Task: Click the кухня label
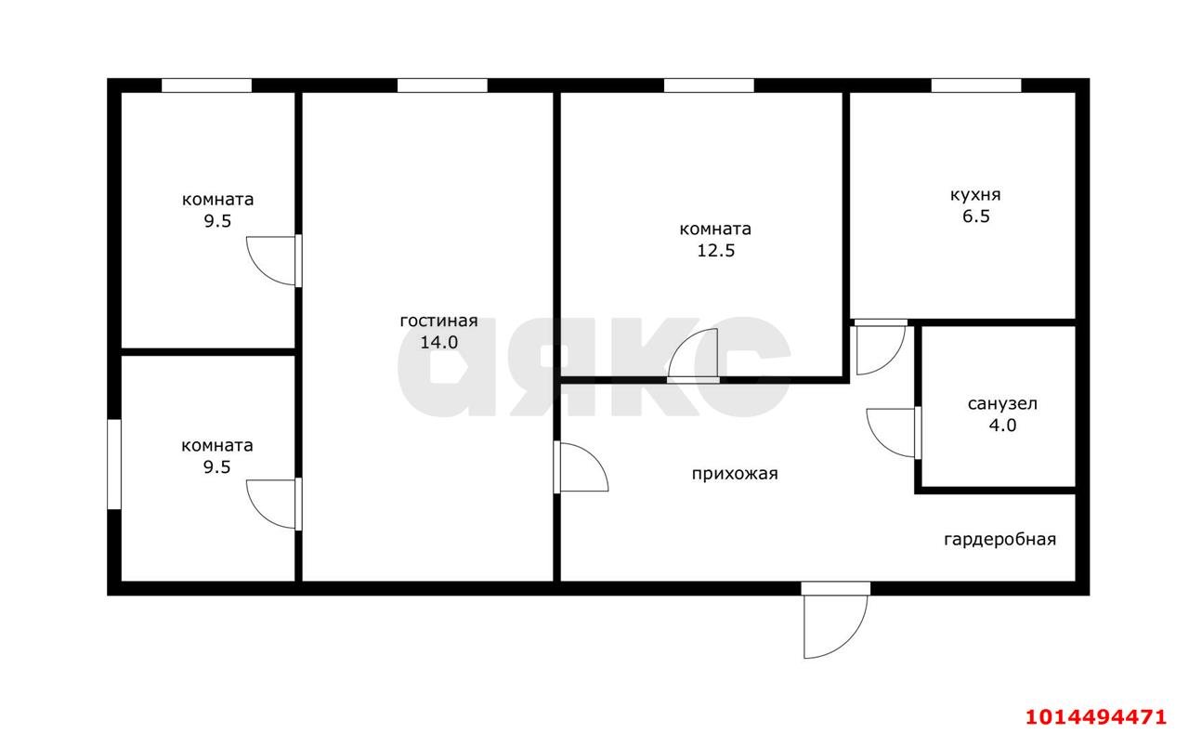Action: (975, 195)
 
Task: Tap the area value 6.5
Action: (976, 216)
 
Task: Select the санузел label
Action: (1002, 403)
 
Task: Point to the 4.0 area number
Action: (1002, 426)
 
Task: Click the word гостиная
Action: (438, 321)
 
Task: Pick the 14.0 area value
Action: (439, 343)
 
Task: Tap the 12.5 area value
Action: (715, 250)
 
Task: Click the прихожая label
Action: (735, 474)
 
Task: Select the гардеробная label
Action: (1000, 540)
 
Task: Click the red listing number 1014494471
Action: (1095, 716)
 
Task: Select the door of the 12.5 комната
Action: (693, 355)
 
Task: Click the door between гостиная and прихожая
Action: (581, 467)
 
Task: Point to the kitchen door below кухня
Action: (880, 347)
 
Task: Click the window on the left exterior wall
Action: (114, 465)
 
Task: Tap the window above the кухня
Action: (976, 85)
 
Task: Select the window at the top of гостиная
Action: (442, 85)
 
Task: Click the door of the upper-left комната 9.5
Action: (274, 261)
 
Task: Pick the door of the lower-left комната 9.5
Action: (274, 504)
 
